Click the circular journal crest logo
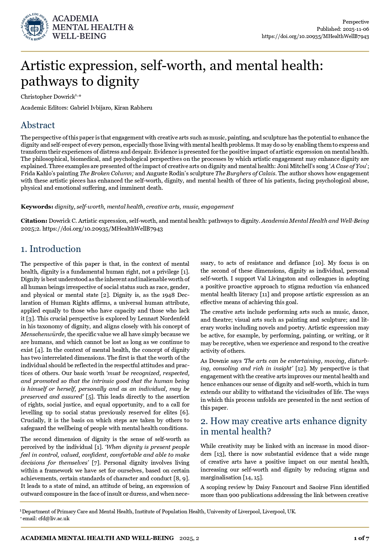click(x=35, y=27)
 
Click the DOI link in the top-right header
click(x=315, y=36)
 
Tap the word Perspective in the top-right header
click(x=355, y=22)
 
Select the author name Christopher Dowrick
click(x=47, y=97)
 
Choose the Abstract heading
click(x=38, y=125)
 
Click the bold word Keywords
click(x=37, y=207)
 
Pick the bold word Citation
click(x=34, y=221)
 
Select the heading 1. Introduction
click(x=51, y=249)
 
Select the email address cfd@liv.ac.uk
click(x=54, y=519)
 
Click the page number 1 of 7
click(x=361, y=538)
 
